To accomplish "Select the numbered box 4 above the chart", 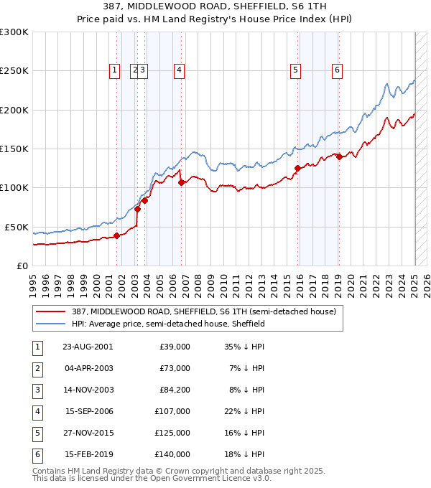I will [x=179, y=70].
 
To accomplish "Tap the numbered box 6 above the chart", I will [x=337, y=70].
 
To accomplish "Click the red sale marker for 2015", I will [x=297, y=169].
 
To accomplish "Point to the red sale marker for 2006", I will [x=181, y=182].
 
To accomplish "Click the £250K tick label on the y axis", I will [x=14, y=71].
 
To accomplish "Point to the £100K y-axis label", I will [x=14, y=187].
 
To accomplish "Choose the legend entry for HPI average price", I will [x=168, y=324].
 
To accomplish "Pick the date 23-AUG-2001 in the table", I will [x=88, y=347].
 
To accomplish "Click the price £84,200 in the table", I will [x=174, y=390].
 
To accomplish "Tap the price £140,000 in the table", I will [x=174, y=454].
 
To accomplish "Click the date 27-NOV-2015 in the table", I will [x=88, y=433].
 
